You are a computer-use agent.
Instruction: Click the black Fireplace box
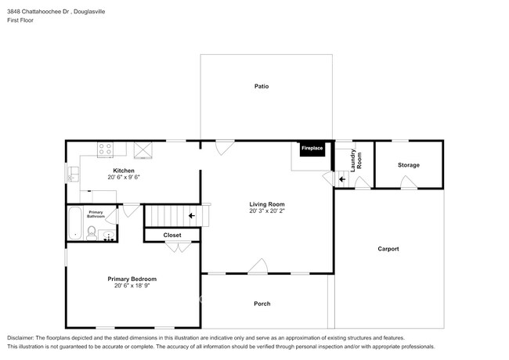312,149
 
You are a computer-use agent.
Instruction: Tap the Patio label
262,86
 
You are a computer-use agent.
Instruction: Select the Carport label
388,249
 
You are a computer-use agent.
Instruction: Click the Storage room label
408,165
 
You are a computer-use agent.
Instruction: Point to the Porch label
262,304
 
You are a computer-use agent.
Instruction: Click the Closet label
172,235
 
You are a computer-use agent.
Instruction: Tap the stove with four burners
106,149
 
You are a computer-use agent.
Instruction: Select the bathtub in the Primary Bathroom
75,223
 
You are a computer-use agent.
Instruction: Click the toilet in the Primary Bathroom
92,233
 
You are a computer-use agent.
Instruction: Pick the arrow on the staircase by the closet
192,216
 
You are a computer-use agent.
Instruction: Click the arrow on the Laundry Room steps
342,179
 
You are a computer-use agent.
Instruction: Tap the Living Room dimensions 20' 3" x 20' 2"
267,211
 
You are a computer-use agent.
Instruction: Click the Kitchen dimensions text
124,177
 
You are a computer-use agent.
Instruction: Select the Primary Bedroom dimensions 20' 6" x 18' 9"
132,286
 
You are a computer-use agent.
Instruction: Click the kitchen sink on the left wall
73,175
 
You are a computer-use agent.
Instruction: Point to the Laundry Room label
356,160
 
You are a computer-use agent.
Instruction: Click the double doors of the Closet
179,247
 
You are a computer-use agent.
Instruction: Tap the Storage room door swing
409,182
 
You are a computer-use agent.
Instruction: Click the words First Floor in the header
20,20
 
